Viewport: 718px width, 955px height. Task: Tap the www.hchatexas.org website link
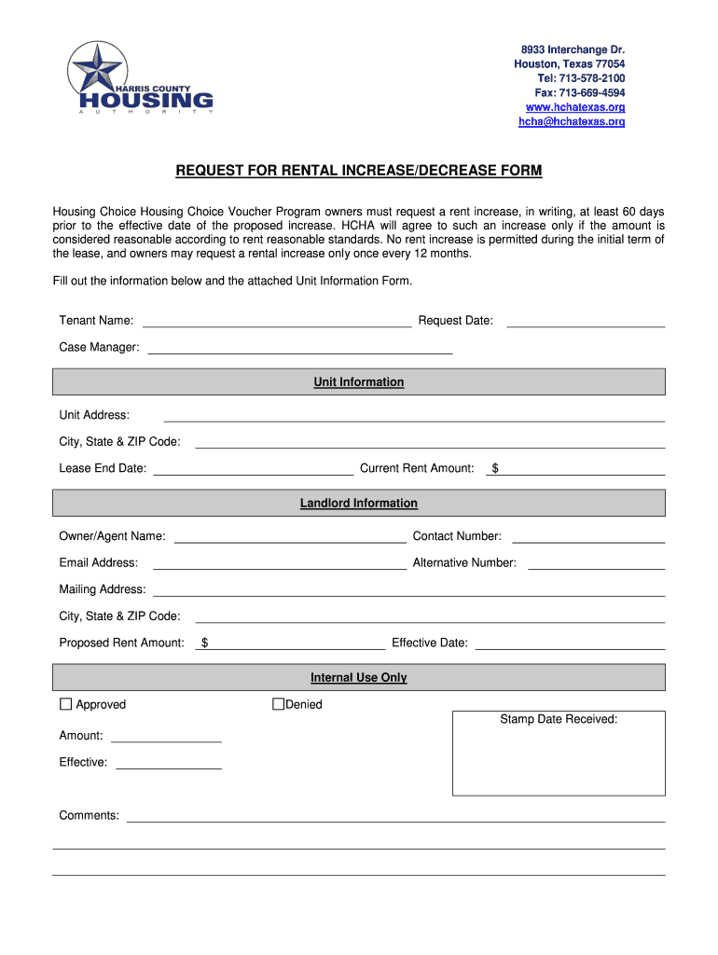point(575,107)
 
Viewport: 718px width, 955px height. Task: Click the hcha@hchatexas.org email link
point(572,121)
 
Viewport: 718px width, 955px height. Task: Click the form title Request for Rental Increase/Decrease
point(359,172)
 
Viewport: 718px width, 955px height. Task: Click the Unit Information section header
point(359,382)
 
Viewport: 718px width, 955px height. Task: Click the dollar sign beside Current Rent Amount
point(495,469)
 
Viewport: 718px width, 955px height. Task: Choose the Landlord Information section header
point(359,504)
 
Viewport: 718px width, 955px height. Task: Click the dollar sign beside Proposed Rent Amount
point(204,644)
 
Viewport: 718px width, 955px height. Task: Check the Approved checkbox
point(65,704)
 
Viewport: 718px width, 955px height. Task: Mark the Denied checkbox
point(278,704)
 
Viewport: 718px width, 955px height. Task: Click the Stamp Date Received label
point(559,719)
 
